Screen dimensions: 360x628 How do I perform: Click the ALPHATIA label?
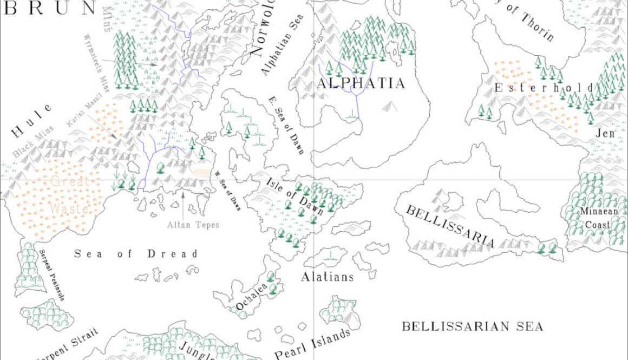(361, 83)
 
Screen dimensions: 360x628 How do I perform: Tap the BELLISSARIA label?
(450, 226)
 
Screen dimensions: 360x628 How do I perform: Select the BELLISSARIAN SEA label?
(472, 326)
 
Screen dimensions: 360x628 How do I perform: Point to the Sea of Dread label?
(136, 254)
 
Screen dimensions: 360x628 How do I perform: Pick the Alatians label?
(327, 277)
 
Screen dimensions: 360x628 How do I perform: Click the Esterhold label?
(544, 88)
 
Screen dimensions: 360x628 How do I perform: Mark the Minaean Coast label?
(596, 218)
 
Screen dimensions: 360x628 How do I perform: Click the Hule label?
(32, 122)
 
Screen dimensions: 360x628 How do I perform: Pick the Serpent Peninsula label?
(51, 276)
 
